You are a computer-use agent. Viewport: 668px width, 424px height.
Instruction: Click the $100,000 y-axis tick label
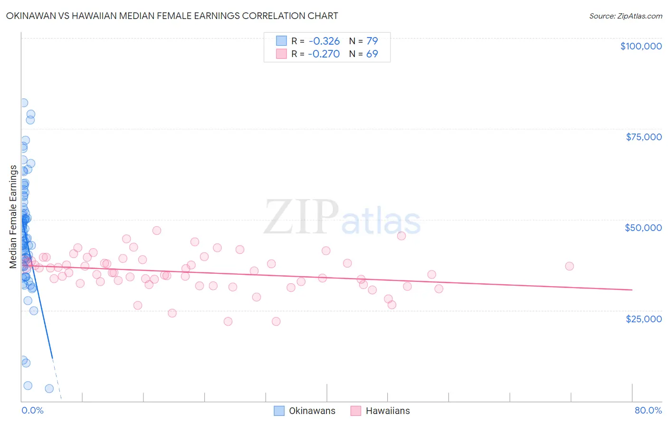coord(641,46)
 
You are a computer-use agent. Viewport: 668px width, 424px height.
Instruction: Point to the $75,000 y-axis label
coord(643,137)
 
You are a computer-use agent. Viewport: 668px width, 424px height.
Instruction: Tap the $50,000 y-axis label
coord(643,228)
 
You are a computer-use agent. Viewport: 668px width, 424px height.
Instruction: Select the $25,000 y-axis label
coord(643,318)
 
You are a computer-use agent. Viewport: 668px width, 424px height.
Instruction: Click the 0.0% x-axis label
coord(32,410)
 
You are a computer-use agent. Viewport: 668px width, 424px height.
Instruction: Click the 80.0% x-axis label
coord(648,410)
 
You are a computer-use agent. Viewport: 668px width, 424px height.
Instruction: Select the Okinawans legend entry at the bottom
coord(305,411)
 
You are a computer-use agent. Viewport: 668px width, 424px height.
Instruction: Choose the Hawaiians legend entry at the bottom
coord(380,411)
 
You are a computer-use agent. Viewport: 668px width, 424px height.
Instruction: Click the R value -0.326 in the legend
coord(324,41)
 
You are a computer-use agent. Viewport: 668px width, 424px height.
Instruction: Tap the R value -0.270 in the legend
coord(324,54)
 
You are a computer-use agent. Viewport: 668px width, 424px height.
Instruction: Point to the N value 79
coord(372,41)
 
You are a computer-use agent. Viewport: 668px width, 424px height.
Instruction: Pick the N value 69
coord(372,54)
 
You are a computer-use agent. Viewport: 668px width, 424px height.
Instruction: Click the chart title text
coord(172,16)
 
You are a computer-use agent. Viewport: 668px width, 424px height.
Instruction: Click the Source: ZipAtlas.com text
coord(625,16)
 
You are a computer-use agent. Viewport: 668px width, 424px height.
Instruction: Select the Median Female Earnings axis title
coord(13,217)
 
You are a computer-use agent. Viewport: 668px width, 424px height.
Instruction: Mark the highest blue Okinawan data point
coord(23,103)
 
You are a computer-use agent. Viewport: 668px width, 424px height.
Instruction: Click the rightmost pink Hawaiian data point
coord(569,266)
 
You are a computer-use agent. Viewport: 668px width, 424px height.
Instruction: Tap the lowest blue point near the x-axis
coord(49,388)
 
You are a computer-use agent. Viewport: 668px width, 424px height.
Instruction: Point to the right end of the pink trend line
coord(632,289)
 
